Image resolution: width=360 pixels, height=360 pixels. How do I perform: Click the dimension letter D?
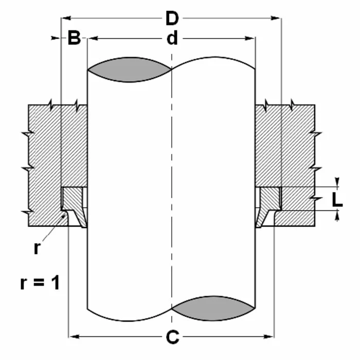[x=172, y=19]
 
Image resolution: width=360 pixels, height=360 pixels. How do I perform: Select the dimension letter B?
[x=75, y=39]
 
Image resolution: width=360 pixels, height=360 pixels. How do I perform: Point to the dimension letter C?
[x=172, y=337]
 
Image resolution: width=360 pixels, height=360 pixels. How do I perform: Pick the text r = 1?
[x=40, y=282]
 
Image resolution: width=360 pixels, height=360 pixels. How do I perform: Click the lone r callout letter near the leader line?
[x=37, y=248]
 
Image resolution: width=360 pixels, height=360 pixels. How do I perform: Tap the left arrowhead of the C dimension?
[x=72, y=337]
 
